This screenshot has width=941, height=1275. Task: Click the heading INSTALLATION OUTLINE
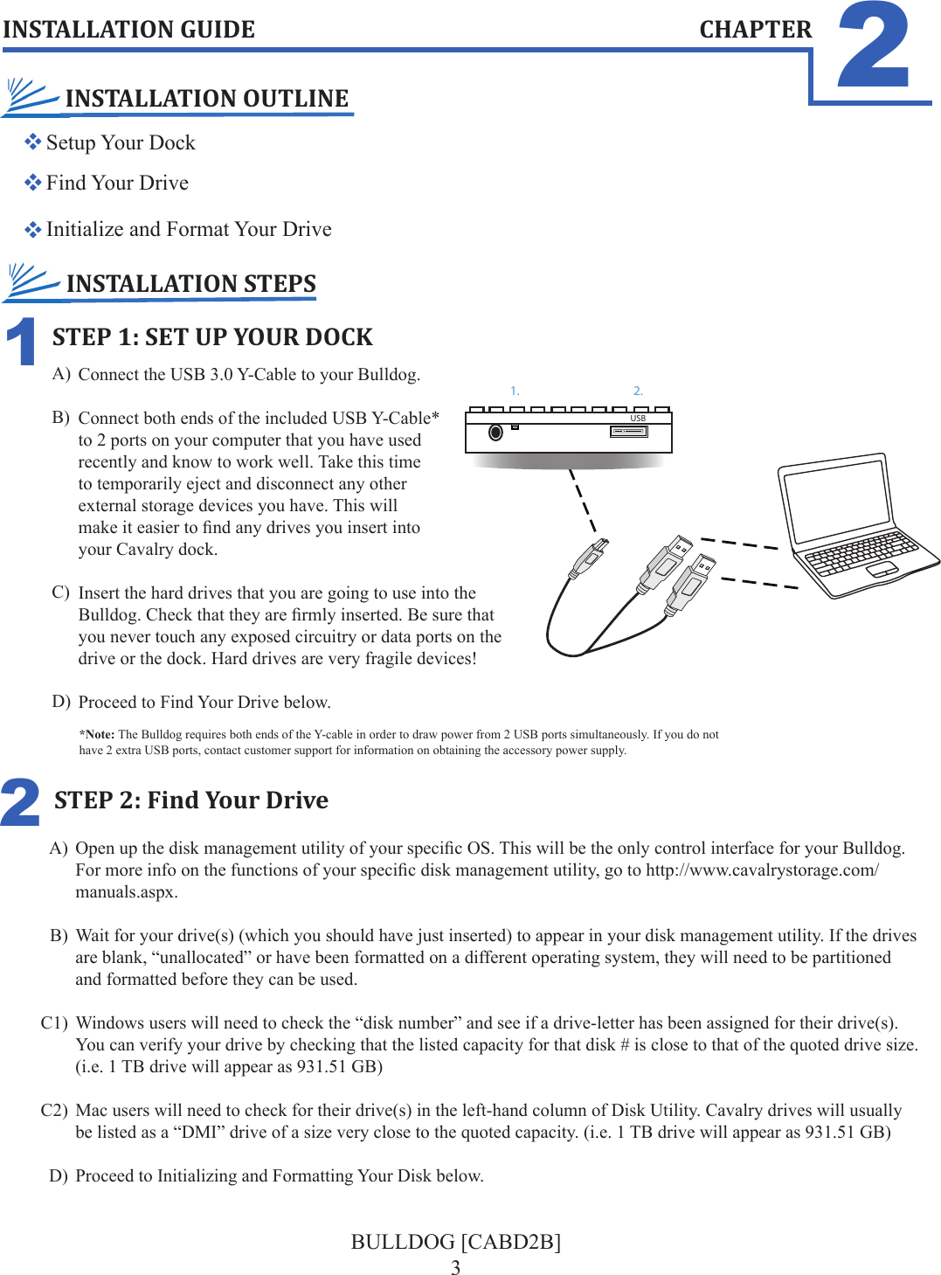point(206,99)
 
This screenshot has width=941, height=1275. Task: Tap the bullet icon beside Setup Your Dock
point(33,142)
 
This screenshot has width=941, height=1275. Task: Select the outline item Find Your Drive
point(117,183)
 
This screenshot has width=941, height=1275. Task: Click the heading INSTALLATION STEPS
point(190,284)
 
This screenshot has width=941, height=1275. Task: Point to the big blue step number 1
point(22,342)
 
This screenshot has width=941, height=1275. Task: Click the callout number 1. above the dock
point(515,392)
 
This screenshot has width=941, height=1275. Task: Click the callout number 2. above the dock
point(638,392)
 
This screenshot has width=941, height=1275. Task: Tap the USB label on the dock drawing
point(638,419)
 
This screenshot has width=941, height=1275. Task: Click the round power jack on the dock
point(495,433)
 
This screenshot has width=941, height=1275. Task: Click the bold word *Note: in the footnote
point(97,735)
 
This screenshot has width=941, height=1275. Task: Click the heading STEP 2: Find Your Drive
point(190,800)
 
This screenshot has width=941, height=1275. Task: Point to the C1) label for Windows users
point(54,1023)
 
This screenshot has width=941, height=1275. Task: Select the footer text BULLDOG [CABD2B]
point(455,1242)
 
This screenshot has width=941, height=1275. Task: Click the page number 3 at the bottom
point(455,1267)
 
